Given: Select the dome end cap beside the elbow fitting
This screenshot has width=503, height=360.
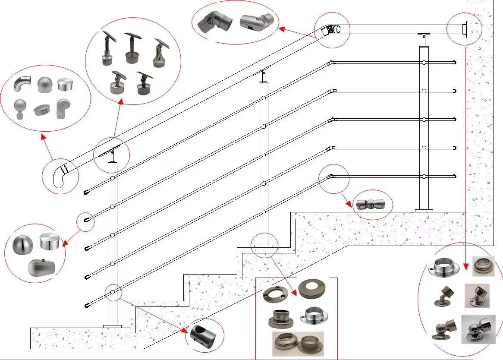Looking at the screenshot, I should tap(44, 85).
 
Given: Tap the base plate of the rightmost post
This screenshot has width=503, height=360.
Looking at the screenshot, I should tap(424, 211).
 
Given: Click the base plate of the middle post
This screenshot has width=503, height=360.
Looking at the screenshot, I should tap(263, 246).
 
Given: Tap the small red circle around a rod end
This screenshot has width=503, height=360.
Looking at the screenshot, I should tap(85, 221).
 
